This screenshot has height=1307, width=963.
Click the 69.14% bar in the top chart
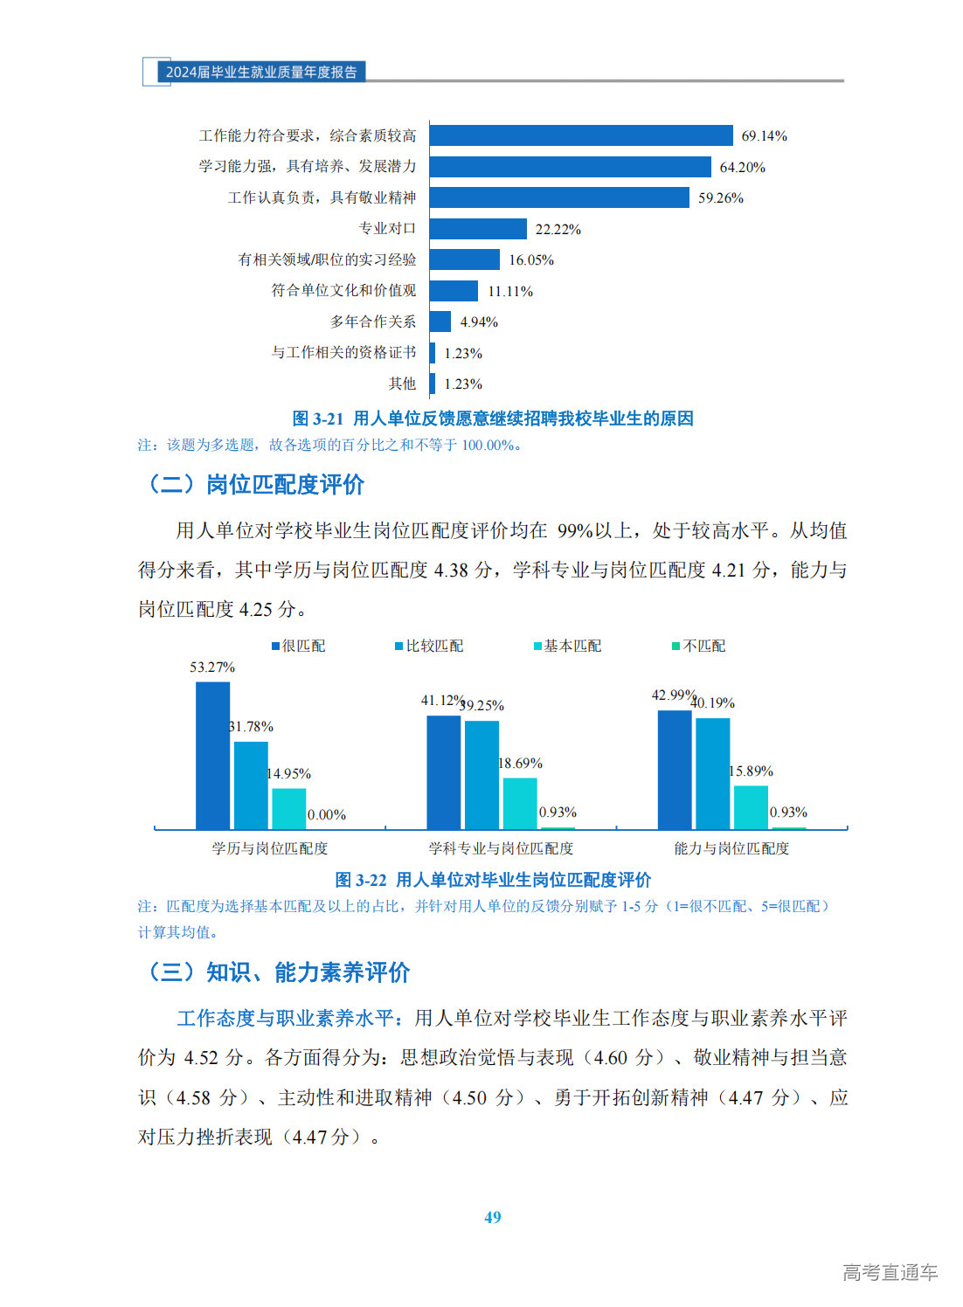click(x=580, y=135)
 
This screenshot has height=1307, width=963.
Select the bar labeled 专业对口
click(x=477, y=229)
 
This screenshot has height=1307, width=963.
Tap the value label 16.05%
click(x=531, y=260)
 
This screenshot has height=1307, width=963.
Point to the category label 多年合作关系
click(x=373, y=322)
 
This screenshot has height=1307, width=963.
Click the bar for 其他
click(x=432, y=384)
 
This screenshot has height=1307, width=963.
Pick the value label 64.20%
click(x=742, y=167)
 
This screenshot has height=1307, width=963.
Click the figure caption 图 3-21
click(x=492, y=418)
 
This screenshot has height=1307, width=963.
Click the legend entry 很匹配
click(x=299, y=646)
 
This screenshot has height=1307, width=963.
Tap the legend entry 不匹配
click(x=699, y=646)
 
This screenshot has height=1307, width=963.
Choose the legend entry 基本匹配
click(x=568, y=646)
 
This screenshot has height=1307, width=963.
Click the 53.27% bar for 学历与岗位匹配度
click(x=212, y=755)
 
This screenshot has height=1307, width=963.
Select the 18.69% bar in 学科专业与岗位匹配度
click(x=520, y=803)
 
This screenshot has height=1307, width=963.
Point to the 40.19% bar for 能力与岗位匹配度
click(x=712, y=773)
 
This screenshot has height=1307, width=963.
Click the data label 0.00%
click(x=327, y=815)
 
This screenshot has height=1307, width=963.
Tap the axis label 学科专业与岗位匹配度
click(x=501, y=848)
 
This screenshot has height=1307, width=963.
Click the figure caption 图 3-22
click(x=493, y=880)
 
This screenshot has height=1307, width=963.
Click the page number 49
click(x=493, y=1217)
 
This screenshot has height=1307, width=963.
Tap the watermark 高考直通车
click(x=890, y=1272)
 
